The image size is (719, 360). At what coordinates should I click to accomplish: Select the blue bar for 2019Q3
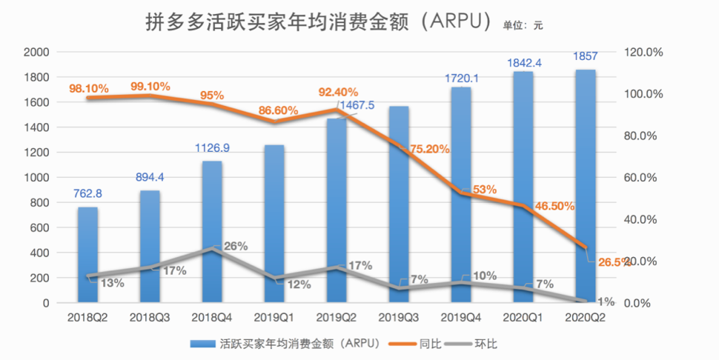(400, 204)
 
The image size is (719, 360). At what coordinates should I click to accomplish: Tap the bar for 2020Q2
(586, 186)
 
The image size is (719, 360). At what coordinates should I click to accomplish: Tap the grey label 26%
(235, 246)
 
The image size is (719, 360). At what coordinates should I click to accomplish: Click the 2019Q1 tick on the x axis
(275, 317)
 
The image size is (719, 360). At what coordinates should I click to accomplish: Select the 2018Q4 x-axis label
(213, 317)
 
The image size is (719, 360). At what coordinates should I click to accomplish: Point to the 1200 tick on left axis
(37, 153)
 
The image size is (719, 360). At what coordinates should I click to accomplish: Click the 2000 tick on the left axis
(37, 52)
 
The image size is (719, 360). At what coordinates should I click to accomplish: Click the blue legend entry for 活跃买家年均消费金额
(296, 344)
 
